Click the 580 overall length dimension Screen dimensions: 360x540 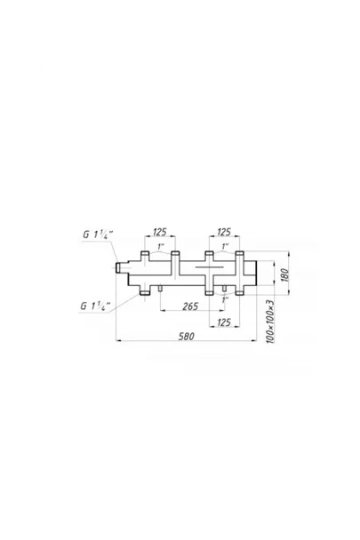click(186, 336)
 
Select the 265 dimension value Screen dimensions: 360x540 click(190, 306)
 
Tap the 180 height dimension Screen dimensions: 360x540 click(284, 274)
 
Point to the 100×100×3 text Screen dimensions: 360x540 click(270, 322)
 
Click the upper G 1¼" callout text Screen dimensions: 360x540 click(98, 234)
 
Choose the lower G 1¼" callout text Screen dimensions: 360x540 click(95, 306)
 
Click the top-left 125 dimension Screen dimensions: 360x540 click(160, 232)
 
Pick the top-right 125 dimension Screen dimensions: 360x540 click(224, 232)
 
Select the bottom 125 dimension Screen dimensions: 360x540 click(224, 322)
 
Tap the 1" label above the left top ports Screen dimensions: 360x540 click(161, 247)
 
